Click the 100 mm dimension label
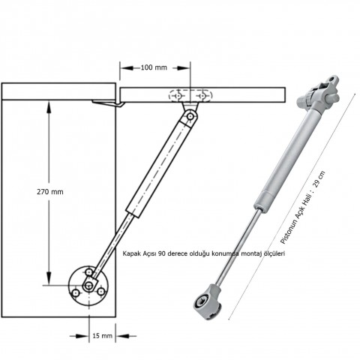coord(154,67)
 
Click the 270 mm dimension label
coord(50,192)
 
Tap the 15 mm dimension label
coord(103,336)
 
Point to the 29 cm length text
coord(319,179)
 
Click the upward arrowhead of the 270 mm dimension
coord(49,106)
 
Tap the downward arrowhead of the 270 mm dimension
coord(49,278)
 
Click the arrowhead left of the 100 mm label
coord(127,68)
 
